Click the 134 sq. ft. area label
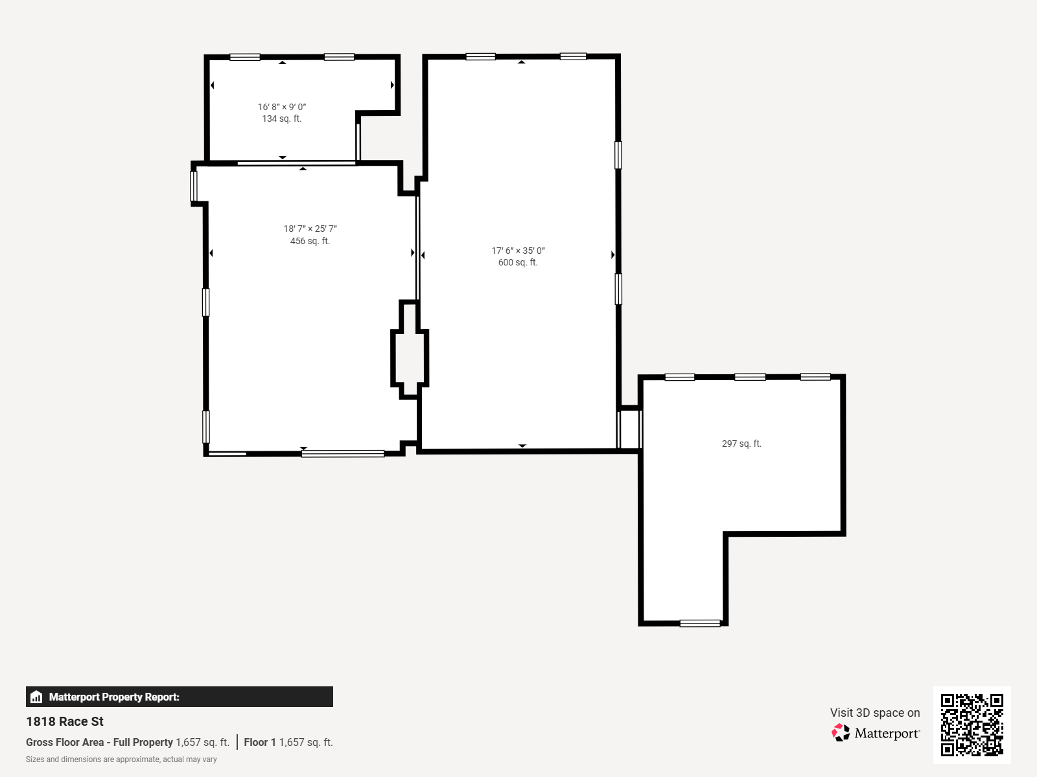(281, 119)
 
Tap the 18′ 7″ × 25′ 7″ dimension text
(310, 229)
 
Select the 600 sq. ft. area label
(518, 262)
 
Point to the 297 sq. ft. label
(741, 444)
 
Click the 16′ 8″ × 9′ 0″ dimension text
(281, 107)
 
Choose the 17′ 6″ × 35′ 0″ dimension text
(518, 251)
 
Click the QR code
(972, 725)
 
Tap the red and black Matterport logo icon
(841, 733)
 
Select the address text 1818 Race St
(65, 721)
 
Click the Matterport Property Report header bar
(179, 696)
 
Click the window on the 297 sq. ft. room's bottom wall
(700, 623)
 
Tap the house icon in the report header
(36, 697)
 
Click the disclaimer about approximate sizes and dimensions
(121, 760)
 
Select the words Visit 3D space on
(875, 713)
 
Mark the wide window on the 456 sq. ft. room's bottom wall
(343, 454)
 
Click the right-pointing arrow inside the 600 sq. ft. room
(612, 254)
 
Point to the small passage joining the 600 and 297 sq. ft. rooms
(629, 429)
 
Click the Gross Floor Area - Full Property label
(99, 742)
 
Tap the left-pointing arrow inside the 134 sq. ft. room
(212, 85)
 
